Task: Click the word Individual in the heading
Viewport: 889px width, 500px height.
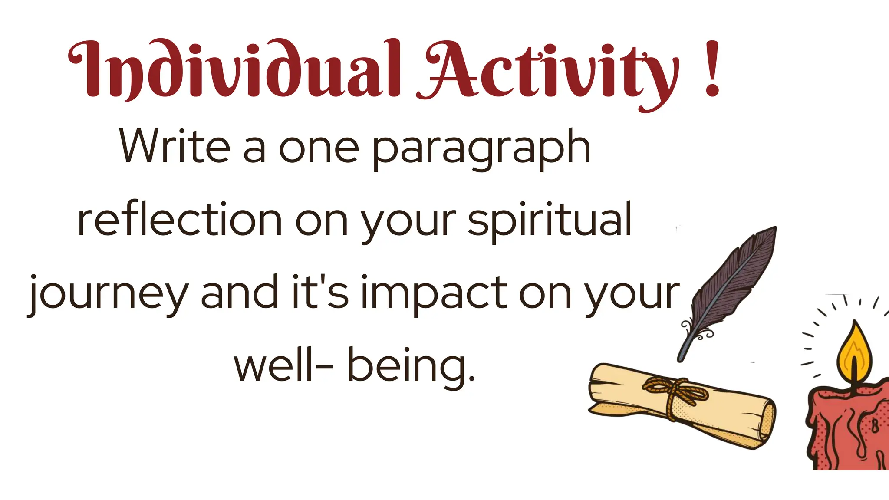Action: coord(234,69)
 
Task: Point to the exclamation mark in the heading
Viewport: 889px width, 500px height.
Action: coord(712,69)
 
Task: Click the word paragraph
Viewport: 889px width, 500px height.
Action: coord(481,148)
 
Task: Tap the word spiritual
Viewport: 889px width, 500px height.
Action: coord(549,220)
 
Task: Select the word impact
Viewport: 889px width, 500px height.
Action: coord(434,293)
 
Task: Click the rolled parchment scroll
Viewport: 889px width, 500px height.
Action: coord(682,406)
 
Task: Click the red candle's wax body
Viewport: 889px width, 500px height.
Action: coord(846,430)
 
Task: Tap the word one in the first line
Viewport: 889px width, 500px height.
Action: coord(319,148)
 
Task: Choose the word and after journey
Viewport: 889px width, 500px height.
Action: coord(239,292)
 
